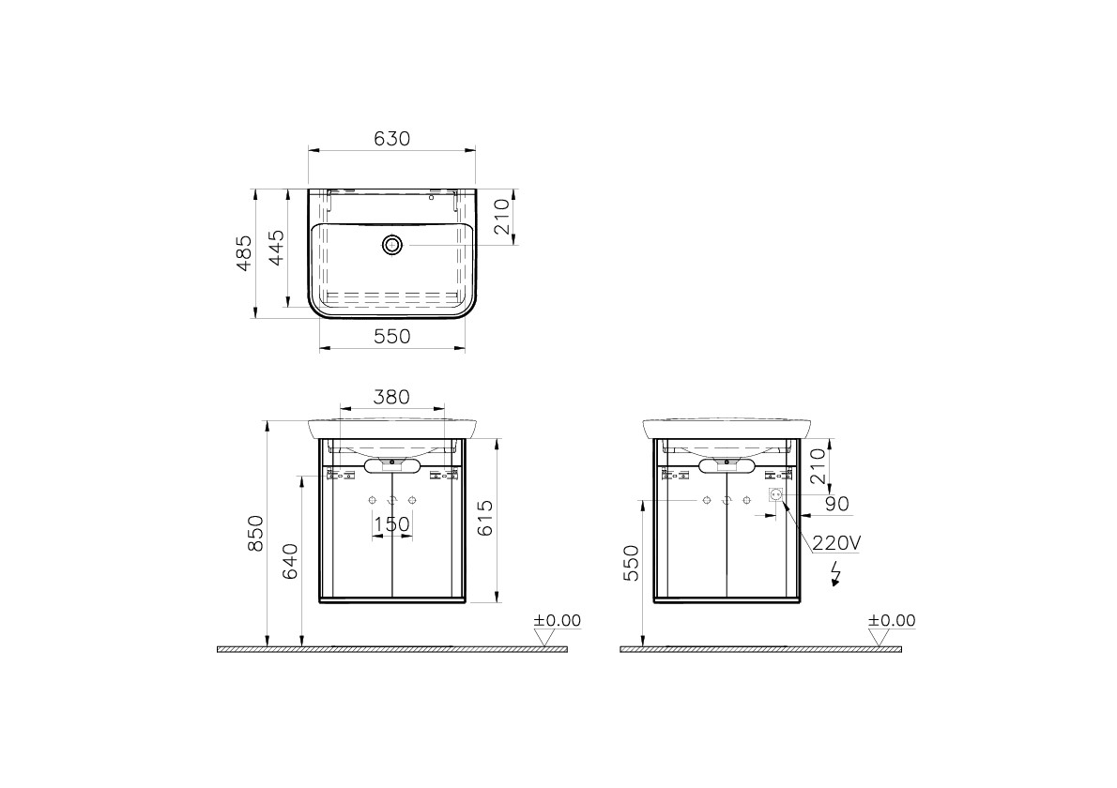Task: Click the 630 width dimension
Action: pos(391,138)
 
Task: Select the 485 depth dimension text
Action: pos(244,253)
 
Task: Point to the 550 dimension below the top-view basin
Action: pos(391,336)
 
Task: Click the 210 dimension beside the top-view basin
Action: pos(501,216)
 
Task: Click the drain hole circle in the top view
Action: pos(391,246)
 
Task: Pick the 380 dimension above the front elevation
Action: pos(391,397)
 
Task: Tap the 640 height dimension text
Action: pos(289,560)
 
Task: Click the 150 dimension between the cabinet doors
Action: pos(391,524)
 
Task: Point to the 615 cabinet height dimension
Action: pos(485,517)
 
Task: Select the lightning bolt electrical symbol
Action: pos(835,573)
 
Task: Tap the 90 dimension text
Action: pos(835,505)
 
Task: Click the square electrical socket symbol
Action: pos(776,495)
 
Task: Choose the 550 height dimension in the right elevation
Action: pos(631,562)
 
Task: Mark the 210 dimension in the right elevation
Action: pos(819,465)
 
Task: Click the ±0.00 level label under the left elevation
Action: pos(558,621)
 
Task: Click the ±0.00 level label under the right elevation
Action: pos(891,621)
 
